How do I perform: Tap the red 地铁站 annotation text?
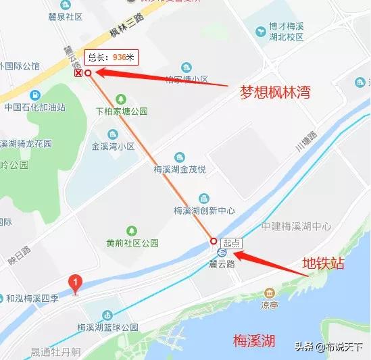tap(323, 263)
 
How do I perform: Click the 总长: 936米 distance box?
tap(110, 57)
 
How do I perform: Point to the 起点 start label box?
tap(231, 242)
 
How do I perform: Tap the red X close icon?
tap(78, 72)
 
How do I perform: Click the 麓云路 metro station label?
tap(222, 264)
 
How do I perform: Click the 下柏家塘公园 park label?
tap(122, 111)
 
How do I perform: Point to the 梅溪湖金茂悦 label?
tap(179, 170)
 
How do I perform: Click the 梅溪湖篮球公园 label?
tap(107, 327)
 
